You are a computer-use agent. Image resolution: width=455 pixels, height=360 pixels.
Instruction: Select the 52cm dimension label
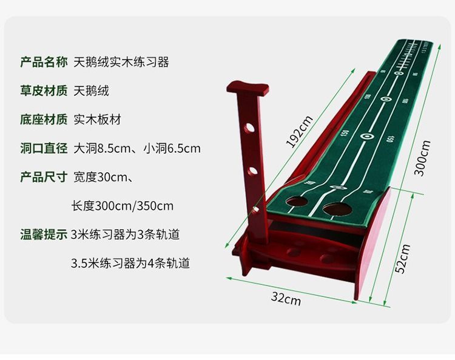tap(402, 259)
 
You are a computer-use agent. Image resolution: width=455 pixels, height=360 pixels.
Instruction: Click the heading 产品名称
tap(44, 62)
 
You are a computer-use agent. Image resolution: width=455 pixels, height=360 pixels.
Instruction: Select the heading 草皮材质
tap(44, 91)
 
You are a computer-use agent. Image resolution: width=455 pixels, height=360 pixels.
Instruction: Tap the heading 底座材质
tap(44, 119)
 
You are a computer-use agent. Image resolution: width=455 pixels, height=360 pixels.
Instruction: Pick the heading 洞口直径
tap(44, 148)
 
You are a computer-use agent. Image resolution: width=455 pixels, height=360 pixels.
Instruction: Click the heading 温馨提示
tap(44, 235)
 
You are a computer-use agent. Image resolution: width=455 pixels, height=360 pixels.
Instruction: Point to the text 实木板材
tap(97, 119)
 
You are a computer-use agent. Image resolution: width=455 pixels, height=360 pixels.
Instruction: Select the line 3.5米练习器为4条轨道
tap(130, 264)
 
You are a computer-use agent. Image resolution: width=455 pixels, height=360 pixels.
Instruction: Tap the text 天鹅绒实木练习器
tap(121, 62)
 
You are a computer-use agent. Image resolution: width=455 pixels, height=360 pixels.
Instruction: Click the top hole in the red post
tap(249, 128)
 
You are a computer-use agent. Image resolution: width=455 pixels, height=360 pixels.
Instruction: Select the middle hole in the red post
tap(252, 171)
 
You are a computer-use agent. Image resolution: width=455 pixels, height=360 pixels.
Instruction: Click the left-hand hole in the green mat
tap(297, 201)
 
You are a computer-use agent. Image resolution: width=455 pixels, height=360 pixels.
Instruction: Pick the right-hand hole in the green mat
tap(337, 209)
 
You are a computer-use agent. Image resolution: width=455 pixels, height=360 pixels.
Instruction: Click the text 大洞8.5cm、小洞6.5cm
tap(137, 148)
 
